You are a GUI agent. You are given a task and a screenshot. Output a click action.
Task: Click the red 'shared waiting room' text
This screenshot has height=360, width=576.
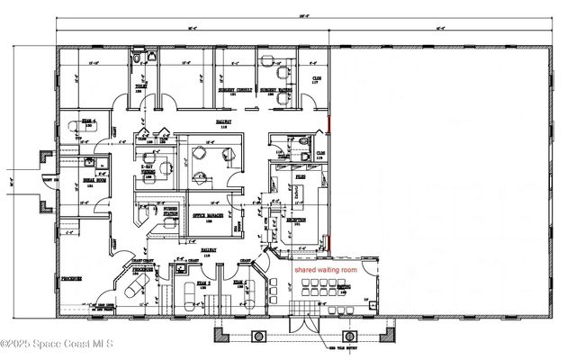click(x=324, y=269)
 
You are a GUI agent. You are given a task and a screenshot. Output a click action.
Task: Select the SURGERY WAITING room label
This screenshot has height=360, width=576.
click(x=279, y=91)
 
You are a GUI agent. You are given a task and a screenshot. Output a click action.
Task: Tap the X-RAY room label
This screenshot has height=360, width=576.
click(x=148, y=167)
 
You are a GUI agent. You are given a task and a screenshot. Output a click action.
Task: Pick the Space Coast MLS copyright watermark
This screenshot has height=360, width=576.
click(x=56, y=343)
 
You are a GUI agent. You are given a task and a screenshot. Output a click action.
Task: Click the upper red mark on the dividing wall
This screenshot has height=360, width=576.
click(x=328, y=125)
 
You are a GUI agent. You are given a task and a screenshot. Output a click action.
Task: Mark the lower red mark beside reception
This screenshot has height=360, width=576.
click(x=328, y=243)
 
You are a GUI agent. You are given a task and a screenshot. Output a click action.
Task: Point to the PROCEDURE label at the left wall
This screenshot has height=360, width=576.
click(x=72, y=280)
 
